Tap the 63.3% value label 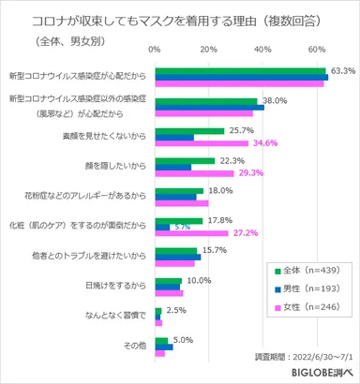tap(343, 70)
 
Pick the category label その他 tap(133, 347)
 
